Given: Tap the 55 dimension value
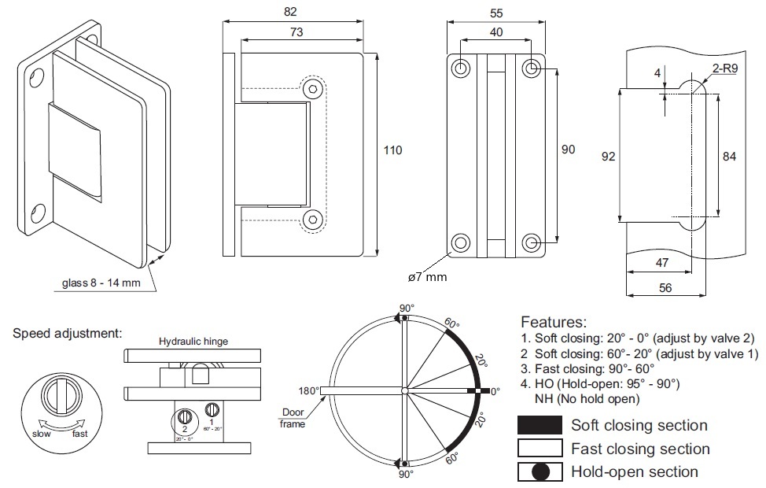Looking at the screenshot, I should pos(496,13).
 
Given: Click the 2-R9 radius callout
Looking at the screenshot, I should pos(725,69).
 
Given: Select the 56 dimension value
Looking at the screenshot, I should pos(665,288).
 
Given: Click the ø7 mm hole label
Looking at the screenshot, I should pos(427,276).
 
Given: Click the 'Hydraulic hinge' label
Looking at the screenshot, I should pos(193,342).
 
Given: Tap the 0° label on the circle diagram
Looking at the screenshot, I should pos(494,390).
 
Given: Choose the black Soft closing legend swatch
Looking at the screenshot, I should pos(540,425).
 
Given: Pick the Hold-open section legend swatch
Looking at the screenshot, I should pos(540,472).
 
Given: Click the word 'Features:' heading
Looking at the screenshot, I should pos(554,322).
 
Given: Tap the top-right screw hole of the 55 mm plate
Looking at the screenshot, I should pos(532,68).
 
